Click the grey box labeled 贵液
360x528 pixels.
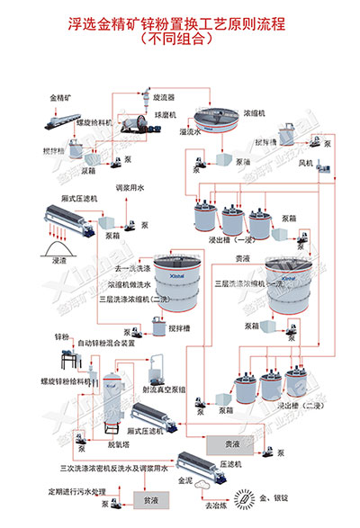[x=231, y=443]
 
